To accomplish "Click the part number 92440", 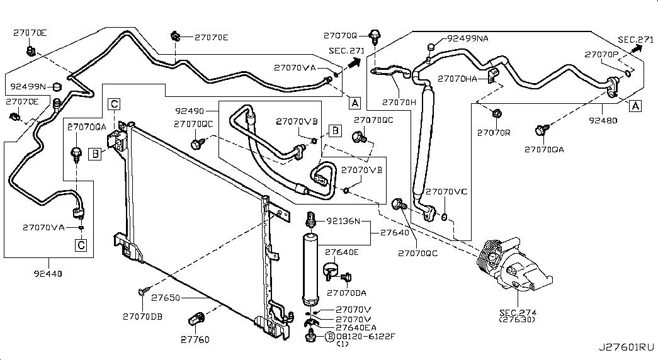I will tap(50, 274).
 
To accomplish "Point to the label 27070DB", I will tap(142, 316).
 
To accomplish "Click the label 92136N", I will tap(343, 221).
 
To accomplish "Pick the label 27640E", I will tap(342, 252).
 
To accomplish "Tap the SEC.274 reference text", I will tap(517, 312).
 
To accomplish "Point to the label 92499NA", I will tap(467, 39).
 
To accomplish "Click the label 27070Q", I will tap(340, 36).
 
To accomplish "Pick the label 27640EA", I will tap(357, 327).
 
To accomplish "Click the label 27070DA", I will tap(348, 292).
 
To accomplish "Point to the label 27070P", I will tap(601, 54).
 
